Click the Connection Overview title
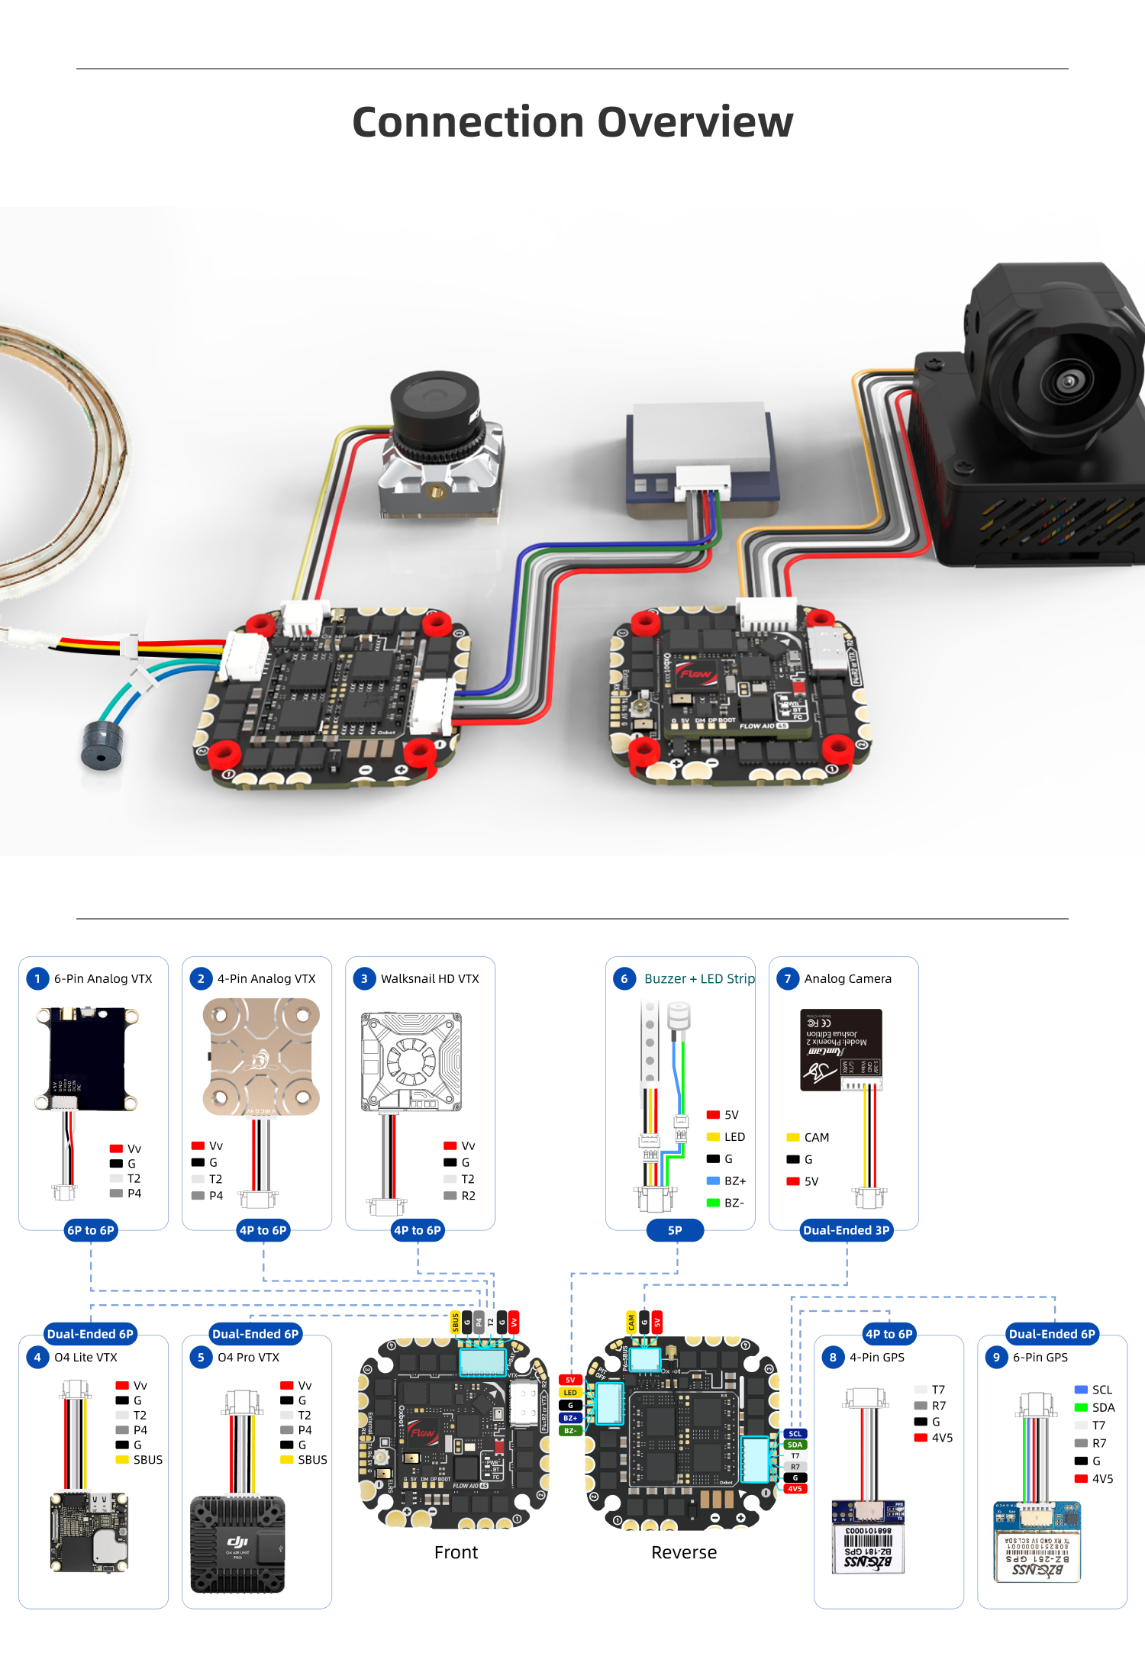(572, 122)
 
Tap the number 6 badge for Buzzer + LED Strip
(624, 978)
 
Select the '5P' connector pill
(675, 1230)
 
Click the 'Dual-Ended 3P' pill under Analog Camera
(846, 1230)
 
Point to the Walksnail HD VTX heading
(430, 978)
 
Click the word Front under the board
(456, 1552)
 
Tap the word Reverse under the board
(684, 1552)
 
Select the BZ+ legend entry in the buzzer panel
(727, 1181)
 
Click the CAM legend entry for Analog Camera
(808, 1137)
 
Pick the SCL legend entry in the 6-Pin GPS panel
(1093, 1390)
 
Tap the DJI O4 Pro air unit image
(237, 1545)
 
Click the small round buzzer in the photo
(102, 746)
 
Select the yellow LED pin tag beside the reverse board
(570, 1393)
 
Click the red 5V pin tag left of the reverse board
(570, 1380)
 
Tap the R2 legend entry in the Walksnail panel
(460, 1196)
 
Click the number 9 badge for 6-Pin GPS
(995, 1357)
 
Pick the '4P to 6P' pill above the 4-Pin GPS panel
(889, 1334)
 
